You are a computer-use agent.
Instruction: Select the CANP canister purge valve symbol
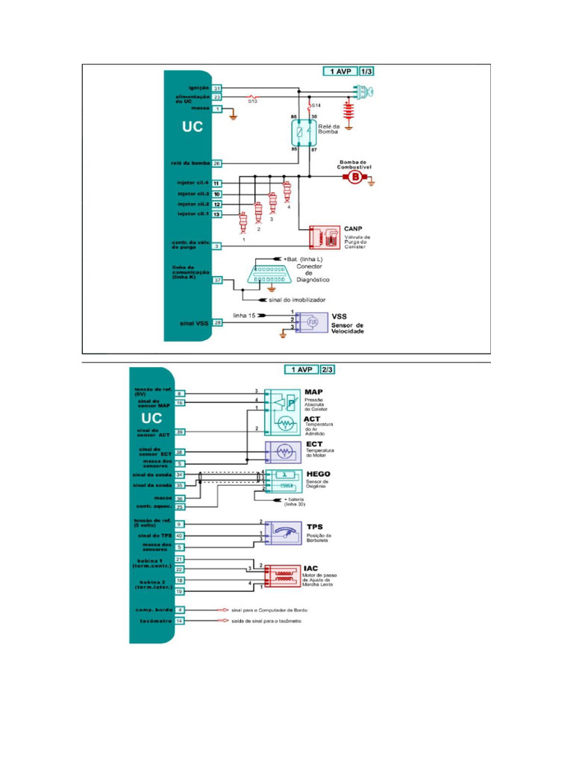(324, 237)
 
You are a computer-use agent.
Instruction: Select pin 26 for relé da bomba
(217, 163)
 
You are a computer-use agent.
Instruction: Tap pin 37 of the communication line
(217, 280)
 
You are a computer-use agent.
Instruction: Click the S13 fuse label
(253, 101)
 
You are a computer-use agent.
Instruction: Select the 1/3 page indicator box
(367, 72)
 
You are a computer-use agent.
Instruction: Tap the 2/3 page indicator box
(328, 369)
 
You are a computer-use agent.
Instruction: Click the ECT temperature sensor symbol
(284, 452)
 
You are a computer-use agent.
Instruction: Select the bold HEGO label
(319, 474)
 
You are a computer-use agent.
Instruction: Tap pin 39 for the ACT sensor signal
(180, 432)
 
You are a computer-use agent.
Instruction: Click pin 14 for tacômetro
(180, 621)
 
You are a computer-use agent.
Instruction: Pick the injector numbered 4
(286, 192)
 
